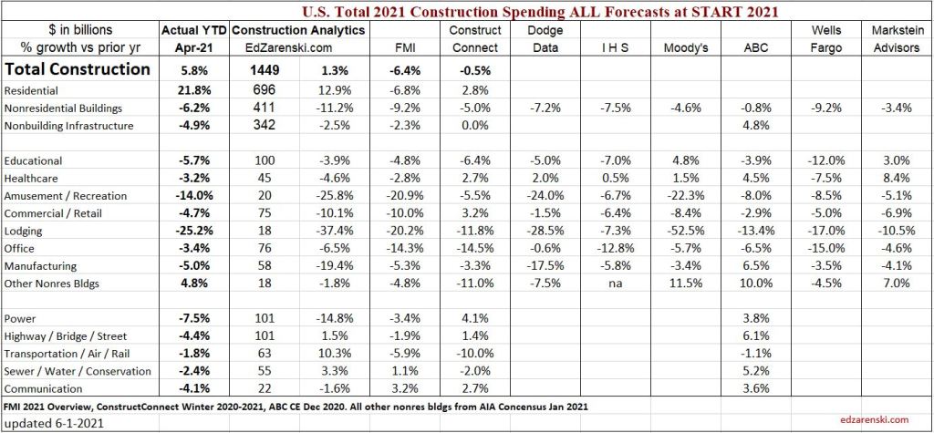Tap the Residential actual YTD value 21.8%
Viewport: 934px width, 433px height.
193,91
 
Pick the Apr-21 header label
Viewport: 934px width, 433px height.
193,47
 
